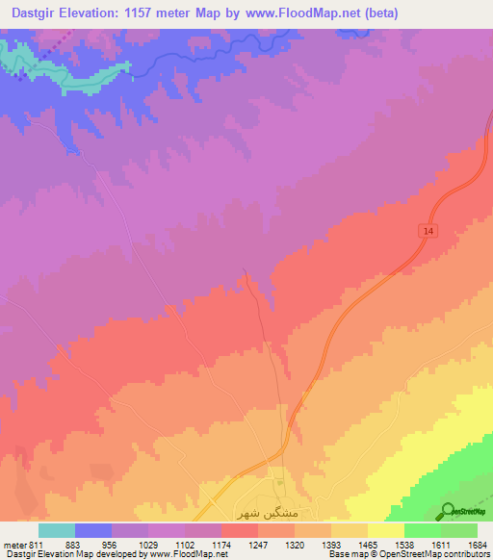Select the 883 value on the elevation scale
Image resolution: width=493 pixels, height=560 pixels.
(x=74, y=546)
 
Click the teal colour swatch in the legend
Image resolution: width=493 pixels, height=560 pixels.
(x=56, y=530)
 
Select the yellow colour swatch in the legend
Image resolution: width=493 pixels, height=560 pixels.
(x=385, y=530)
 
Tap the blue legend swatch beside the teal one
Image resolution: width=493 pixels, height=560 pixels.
(x=92, y=530)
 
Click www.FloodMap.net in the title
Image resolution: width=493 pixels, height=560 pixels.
(x=294, y=13)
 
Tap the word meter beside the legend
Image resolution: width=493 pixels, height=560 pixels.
(x=13, y=546)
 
